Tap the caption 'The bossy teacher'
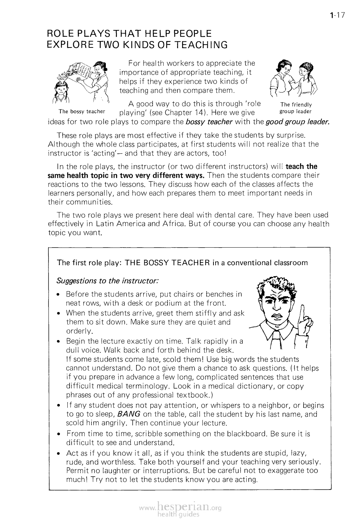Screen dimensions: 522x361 (82, 111)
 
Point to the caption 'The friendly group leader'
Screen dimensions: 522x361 (296, 108)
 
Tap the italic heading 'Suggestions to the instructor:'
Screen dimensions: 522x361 (107, 280)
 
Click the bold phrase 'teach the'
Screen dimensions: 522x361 (301, 167)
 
